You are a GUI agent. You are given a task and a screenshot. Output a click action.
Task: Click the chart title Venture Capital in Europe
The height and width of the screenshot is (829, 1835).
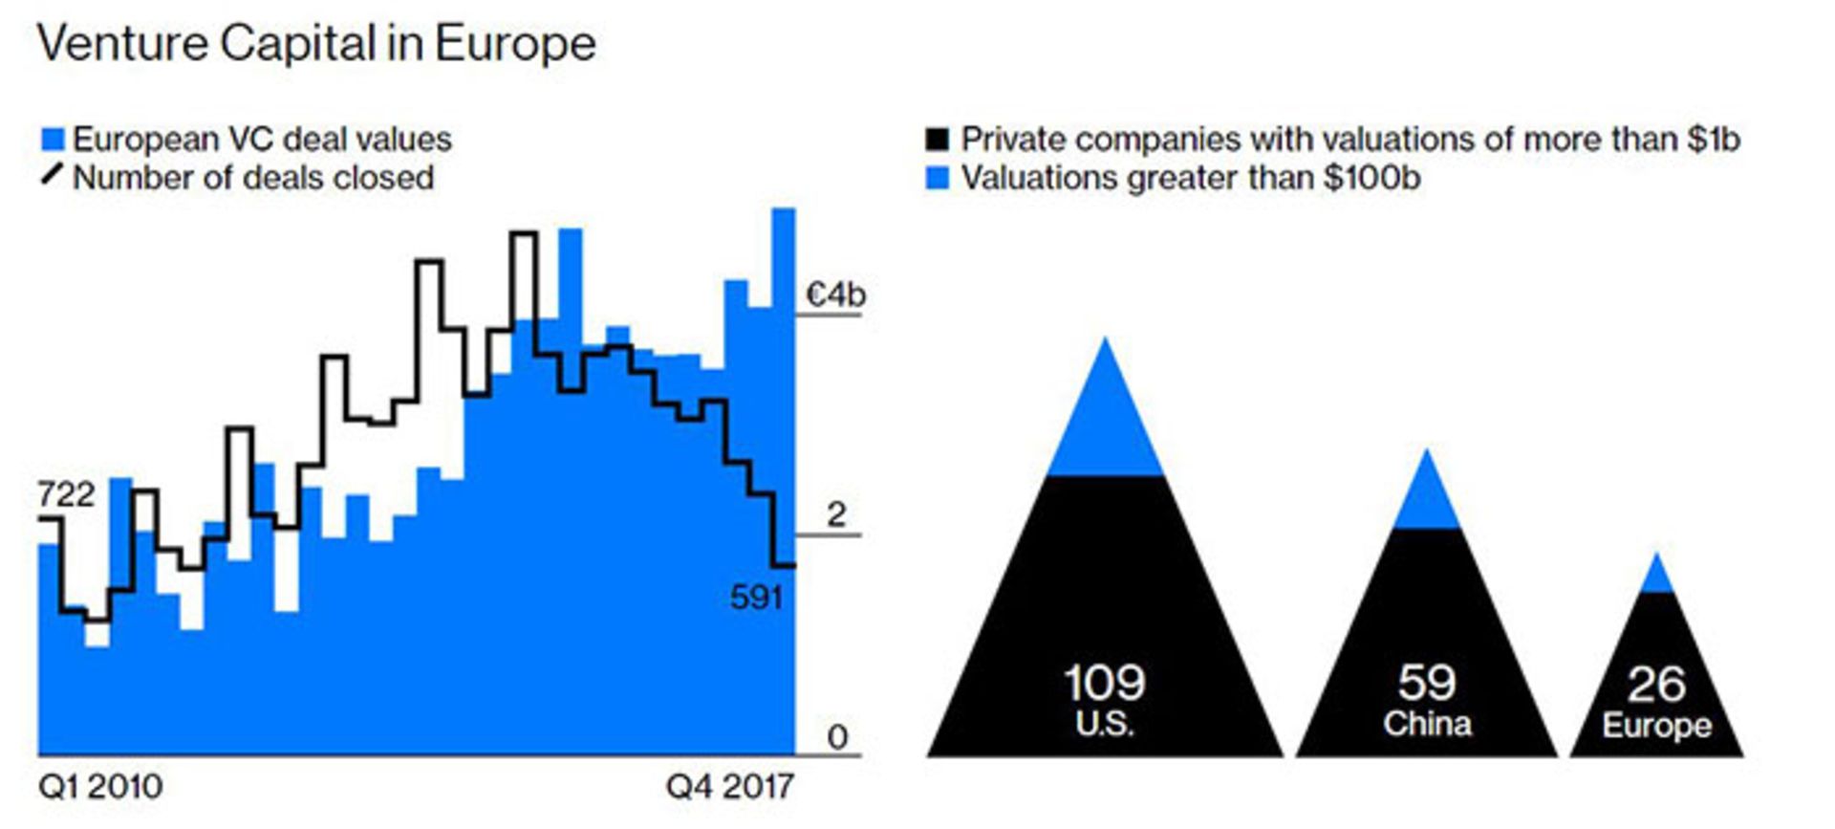316,44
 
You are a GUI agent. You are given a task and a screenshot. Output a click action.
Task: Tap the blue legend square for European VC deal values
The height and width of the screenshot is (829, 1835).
53,140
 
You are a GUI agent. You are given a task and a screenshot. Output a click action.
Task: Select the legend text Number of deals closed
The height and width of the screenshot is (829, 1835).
253,178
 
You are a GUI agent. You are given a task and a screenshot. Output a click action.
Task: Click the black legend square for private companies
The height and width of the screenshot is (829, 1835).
938,140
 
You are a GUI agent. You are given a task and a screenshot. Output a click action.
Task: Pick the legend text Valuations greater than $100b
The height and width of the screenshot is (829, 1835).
1190,178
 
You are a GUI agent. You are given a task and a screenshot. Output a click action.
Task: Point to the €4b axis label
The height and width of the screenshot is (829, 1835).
835,295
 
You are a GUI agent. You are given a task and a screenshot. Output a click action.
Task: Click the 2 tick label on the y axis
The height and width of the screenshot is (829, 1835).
836,515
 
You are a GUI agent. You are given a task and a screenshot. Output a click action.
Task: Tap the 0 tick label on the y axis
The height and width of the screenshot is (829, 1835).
837,737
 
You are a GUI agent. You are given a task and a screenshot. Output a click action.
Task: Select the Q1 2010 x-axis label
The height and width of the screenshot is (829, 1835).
100,787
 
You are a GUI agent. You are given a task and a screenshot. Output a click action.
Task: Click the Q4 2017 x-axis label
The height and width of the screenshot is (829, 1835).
730,787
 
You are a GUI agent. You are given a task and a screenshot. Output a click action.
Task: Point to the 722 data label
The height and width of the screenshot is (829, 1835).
66,494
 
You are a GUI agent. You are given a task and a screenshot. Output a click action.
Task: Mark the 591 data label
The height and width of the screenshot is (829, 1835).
756,598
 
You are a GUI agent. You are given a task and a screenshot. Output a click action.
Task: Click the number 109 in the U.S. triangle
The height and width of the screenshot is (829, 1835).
1104,683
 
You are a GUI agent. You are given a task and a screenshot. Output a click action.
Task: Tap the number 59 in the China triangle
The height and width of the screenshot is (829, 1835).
1427,683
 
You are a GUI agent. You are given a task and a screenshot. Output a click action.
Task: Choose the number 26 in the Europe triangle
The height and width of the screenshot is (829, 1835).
1656,684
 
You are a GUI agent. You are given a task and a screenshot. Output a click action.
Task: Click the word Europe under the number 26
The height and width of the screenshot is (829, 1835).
1656,726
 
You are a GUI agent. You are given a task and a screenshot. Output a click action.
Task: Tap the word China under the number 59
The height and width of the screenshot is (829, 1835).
1427,724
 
